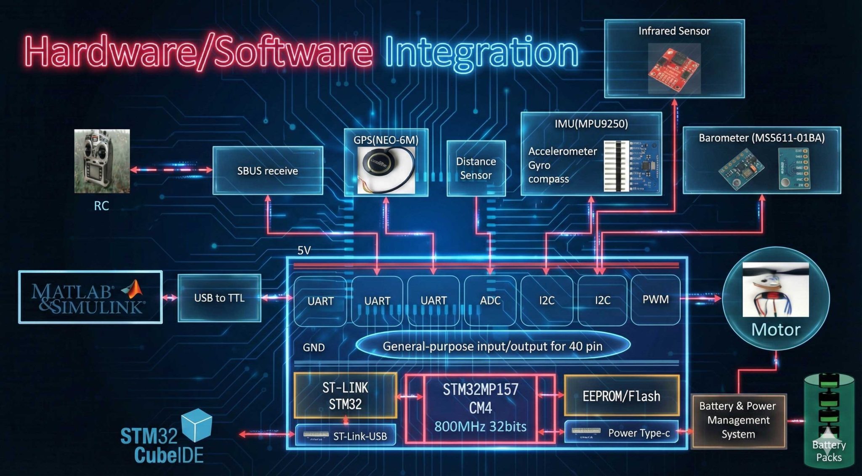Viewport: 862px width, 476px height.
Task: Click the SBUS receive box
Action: pyautogui.click(x=268, y=171)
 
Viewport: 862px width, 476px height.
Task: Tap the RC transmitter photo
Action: pyautogui.click(x=102, y=161)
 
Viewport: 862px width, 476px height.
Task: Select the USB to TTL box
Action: pyautogui.click(x=219, y=298)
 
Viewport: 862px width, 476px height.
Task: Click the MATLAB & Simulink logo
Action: pyautogui.click(x=90, y=297)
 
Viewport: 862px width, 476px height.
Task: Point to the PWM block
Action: pyautogui.click(x=655, y=300)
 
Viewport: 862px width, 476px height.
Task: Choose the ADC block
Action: pyautogui.click(x=490, y=300)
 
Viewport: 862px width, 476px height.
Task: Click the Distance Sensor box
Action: pyautogui.click(x=476, y=168)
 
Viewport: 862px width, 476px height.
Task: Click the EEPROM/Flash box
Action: pyautogui.click(x=621, y=396)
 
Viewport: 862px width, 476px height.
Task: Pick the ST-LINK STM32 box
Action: pyautogui.click(x=345, y=396)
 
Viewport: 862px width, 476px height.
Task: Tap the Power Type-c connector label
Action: pyautogui.click(x=639, y=433)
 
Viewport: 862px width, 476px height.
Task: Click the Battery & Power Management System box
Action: pyautogui.click(x=738, y=420)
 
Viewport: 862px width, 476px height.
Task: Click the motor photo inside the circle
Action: pyautogui.click(x=775, y=289)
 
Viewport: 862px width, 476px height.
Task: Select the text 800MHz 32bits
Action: pyautogui.click(x=480, y=427)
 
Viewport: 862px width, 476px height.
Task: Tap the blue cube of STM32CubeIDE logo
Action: pyautogui.click(x=197, y=425)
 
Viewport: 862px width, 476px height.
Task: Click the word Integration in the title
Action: pyautogui.click(x=482, y=52)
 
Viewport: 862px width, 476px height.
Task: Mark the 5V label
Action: pyautogui.click(x=304, y=251)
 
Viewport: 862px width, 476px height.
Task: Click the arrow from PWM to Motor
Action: pyautogui.click(x=701, y=298)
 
